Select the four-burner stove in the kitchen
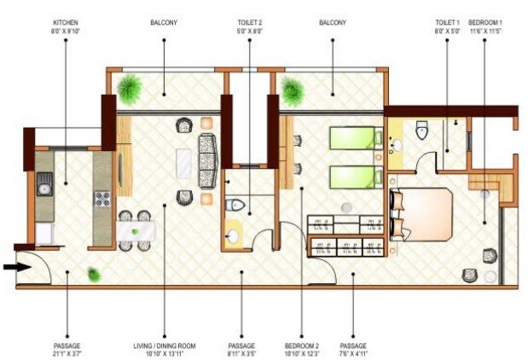(102, 199)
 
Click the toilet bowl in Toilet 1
(421, 130)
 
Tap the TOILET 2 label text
(250, 22)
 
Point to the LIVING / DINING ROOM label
(165, 345)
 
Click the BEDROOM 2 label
(302, 345)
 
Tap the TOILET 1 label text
(447, 22)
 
